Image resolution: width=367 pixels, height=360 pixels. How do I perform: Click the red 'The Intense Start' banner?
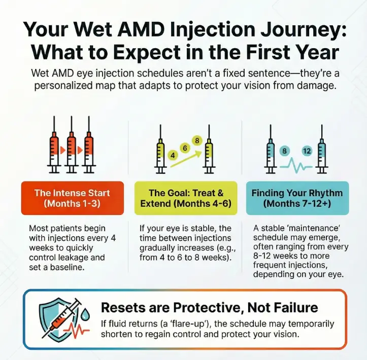click(x=72, y=198)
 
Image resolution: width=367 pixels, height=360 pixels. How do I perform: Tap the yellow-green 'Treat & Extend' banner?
click(x=186, y=198)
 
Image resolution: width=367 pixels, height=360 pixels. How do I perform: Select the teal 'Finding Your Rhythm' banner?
click(x=297, y=198)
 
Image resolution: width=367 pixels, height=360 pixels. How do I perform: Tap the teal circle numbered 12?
click(x=306, y=151)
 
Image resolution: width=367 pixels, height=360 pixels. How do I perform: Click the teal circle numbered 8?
click(x=284, y=151)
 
